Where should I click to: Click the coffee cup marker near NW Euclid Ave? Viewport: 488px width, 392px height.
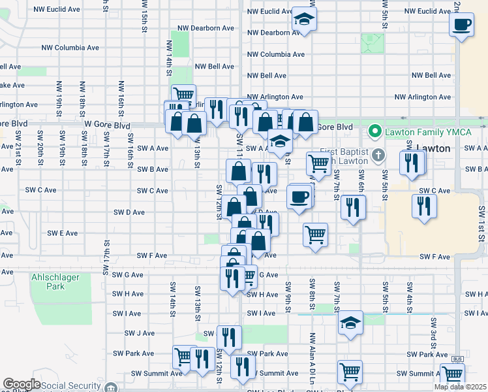pyautogui.click(x=462, y=25)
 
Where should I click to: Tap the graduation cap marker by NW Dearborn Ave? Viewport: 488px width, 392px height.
pyautogui.click(x=303, y=20)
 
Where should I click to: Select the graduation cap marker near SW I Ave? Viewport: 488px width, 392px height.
pyautogui.click(x=350, y=323)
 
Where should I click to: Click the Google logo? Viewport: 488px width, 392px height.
pyautogui.click(x=22, y=385)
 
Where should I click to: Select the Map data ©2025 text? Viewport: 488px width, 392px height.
pyautogui.click(x=460, y=387)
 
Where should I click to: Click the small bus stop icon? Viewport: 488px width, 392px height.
pyautogui.click(x=457, y=359)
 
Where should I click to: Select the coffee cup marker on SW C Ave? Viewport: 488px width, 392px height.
pyautogui.click(x=299, y=197)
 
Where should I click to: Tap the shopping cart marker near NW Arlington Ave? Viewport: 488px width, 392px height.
pyautogui.click(x=183, y=96)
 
